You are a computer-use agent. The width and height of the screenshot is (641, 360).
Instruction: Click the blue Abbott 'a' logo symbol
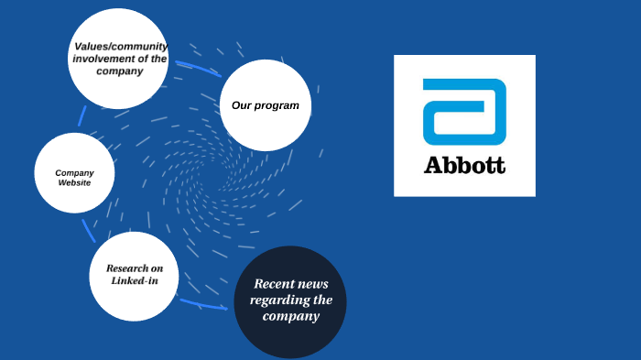coord(464,112)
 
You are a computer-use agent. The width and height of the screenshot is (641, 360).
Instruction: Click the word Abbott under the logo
coord(464,166)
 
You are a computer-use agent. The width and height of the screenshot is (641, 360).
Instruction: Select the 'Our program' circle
coord(266,105)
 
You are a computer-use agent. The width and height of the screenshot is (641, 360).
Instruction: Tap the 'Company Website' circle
coord(75,174)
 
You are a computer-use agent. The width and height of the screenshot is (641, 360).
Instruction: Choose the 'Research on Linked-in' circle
coord(134,275)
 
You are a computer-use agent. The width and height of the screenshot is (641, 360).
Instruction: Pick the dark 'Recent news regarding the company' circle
coord(290,300)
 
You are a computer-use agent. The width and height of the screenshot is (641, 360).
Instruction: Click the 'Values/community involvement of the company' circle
coord(120,58)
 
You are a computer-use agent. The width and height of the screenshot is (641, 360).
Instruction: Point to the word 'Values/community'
coord(119,47)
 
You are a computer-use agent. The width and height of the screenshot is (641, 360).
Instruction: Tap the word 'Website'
coord(74,183)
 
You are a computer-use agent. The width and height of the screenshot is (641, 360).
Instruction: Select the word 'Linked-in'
coord(134,280)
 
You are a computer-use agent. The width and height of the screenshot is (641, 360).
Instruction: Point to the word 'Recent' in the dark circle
coord(273,284)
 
